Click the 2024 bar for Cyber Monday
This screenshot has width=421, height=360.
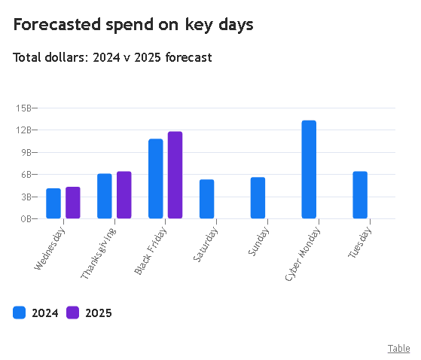[309, 169]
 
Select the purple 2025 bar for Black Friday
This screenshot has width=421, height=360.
[175, 175]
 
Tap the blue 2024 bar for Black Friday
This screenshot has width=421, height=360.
[156, 178]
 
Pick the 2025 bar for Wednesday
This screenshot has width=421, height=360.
[73, 203]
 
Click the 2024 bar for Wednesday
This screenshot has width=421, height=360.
[53, 203]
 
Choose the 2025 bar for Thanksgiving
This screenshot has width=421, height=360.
[124, 195]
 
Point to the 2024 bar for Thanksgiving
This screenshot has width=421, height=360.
[105, 196]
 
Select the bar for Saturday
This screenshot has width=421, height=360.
[207, 199]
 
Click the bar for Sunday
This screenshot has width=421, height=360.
[258, 198]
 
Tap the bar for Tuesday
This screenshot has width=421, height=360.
[360, 195]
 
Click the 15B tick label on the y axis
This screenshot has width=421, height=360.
[23, 108]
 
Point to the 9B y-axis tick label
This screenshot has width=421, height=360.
[26, 152]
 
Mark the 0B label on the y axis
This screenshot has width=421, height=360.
[26, 219]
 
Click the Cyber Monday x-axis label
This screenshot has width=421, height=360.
[303, 254]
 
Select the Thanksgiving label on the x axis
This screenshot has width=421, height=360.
[99, 253]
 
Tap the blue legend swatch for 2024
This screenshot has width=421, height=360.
[19, 313]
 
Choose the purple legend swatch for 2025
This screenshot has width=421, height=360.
[72, 313]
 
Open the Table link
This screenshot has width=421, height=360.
[398, 349]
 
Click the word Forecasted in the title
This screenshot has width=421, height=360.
[57, 24]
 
